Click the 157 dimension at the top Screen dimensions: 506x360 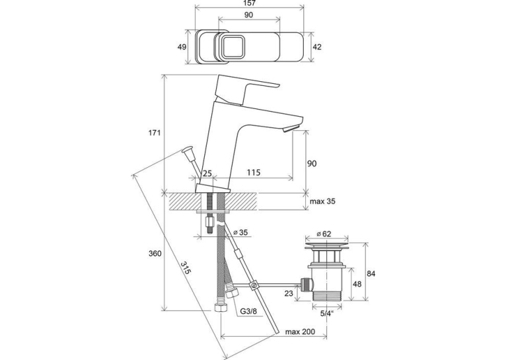249,3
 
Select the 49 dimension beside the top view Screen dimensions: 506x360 182,47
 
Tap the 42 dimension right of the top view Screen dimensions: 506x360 317,47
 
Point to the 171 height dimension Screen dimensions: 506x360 155,133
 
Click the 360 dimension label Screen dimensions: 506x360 155,254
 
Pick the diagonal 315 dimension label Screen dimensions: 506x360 186,268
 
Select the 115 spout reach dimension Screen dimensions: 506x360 254,172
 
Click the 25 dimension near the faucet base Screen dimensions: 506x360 207,174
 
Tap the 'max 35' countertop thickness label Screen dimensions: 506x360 322,201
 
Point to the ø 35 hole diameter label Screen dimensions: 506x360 240,233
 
